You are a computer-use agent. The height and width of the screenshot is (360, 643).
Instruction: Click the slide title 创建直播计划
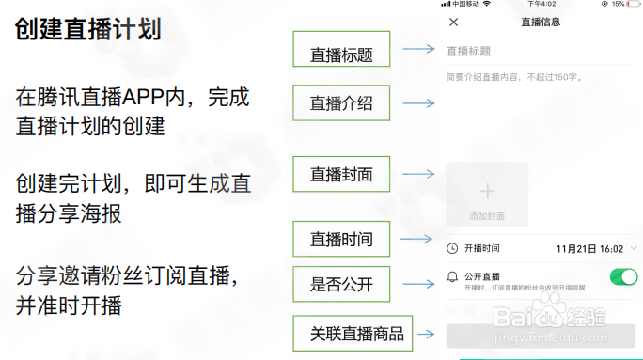[88, 29]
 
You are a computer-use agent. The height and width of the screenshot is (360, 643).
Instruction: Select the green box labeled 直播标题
[341, 55]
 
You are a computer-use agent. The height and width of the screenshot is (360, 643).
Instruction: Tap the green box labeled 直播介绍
[341, 104]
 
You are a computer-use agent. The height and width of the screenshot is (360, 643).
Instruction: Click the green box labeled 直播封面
[341, 175]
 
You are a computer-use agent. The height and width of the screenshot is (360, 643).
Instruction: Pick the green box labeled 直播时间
[341, 240]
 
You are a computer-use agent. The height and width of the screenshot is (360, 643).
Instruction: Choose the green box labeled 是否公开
[341, 283]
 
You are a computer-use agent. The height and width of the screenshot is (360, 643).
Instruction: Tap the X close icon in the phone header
[454, 22]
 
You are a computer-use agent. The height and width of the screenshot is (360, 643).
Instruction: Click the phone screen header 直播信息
[540, 22]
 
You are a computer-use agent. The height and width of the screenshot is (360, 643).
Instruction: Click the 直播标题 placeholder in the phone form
[468, 52]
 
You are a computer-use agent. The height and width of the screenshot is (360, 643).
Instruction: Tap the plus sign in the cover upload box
[487, 191]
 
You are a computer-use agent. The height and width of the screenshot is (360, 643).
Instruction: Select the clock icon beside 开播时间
[452, 249]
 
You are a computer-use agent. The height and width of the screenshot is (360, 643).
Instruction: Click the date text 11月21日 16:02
[589, 249]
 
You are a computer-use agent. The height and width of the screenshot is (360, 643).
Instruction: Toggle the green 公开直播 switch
[623, 276]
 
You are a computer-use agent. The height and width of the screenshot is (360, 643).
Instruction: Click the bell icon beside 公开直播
[452, 277]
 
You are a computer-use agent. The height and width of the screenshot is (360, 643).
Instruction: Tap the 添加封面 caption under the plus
[487, 216]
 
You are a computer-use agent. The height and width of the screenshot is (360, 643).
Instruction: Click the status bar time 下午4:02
[542, 4]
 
